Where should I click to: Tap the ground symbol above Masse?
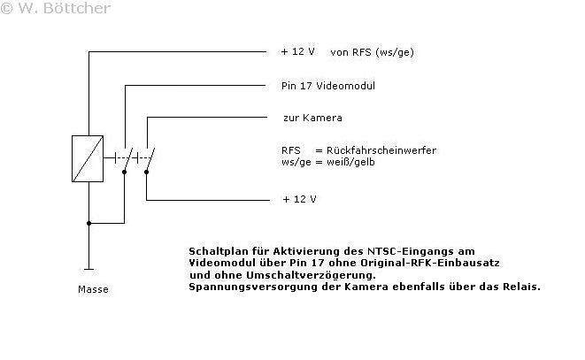coord(89,269)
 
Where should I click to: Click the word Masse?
coord(93,289)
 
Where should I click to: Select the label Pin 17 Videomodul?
coord(328,86)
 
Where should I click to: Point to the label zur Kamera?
coord(312,118)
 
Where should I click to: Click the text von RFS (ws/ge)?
coord(372,52)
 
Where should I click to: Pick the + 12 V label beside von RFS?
coord(297,51)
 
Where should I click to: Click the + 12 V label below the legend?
coord(300,199)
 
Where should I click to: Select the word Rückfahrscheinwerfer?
coord(381,150)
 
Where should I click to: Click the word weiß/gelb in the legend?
coord(350,162)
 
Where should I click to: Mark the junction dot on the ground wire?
coord(89,223)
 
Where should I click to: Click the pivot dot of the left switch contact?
coord(124,172)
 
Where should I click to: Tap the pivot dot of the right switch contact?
coord(146,172)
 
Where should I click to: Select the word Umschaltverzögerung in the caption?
coord(311,275)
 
